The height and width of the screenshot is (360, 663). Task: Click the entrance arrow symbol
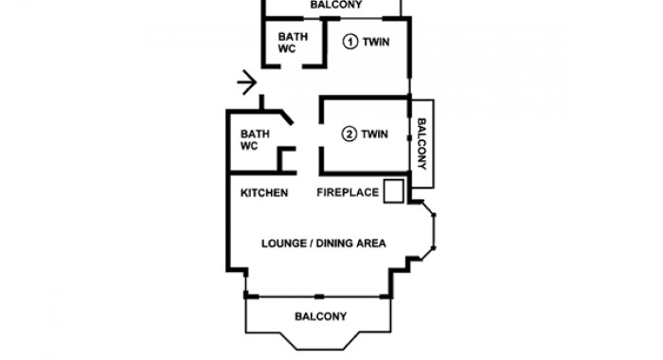(x=247, y=82)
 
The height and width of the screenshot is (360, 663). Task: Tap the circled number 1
(x=350, y=42)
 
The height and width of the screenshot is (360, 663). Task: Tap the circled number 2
(x=349, y=135)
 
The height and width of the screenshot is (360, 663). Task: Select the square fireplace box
(x=394, y=191)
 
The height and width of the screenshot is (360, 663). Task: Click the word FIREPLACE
(x=348, y=192)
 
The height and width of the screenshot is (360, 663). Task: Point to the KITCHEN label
(x=264, y=193)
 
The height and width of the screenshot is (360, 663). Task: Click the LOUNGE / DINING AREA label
(x=324, y=243)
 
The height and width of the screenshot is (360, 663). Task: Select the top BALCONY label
(x=336, y=5)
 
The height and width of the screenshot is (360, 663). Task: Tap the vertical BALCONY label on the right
(x=421, y=144)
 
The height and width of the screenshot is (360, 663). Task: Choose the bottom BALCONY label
(x=320, y=316)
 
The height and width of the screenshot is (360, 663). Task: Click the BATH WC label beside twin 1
(x=293, y=43)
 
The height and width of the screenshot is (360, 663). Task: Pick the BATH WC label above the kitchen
(x=255, y=140)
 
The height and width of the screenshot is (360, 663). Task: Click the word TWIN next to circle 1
(x=376, y=42)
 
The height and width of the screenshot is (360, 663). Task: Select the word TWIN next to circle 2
(x=375, y=135)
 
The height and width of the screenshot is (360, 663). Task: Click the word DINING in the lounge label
(x=334, y=243)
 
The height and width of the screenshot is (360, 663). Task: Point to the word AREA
(x=371, y=243)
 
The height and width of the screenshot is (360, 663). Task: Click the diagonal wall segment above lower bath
(x=287, y=117)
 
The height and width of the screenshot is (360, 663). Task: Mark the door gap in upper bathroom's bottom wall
(x=292, y=66)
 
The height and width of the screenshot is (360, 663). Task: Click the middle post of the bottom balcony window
(x=319, y=297)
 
